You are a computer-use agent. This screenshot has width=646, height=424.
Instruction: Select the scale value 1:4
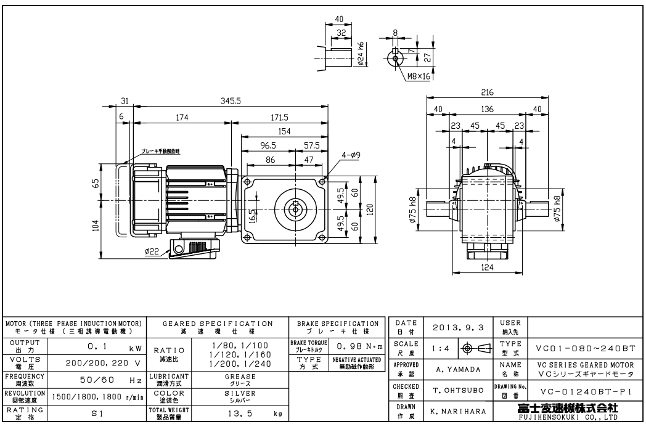pos(440,348)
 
